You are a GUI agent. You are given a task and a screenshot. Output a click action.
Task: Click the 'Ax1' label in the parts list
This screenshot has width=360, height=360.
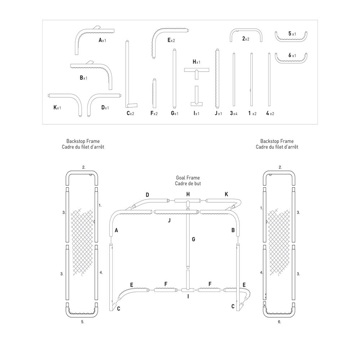coord(102,40)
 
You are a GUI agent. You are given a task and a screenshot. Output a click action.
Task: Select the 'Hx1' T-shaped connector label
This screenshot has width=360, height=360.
coord(196,62)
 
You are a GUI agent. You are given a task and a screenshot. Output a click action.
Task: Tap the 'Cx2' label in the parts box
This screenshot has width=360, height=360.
coord(130,113)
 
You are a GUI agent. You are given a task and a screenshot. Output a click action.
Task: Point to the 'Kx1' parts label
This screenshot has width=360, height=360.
coord(57,107)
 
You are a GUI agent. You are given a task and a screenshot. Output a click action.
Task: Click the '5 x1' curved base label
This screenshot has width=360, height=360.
coord(292,33)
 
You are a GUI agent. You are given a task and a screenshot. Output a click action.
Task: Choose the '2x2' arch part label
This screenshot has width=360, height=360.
coord(246,39)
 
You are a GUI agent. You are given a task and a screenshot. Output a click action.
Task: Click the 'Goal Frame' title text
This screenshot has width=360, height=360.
coord(188,177)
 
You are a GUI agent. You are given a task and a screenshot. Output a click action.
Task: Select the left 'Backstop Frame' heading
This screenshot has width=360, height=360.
coord(83,141)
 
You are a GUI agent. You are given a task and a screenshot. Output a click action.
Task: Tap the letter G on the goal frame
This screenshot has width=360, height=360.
coord(194,239)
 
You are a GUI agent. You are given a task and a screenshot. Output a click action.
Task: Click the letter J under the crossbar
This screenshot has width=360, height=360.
coord(169,220)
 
